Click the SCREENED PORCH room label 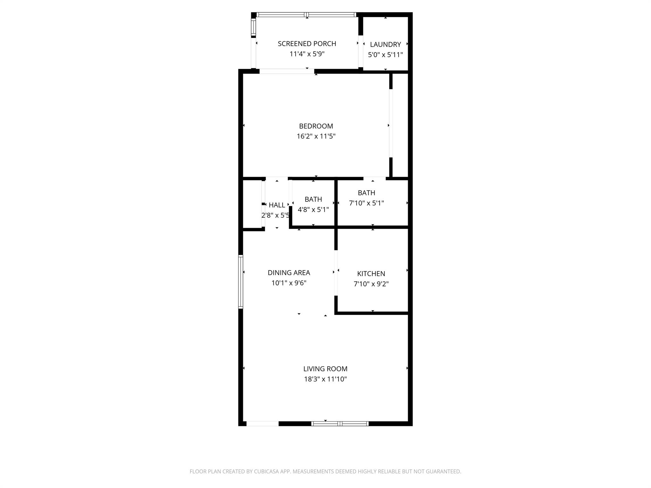coord(307,44)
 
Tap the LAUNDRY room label coord(385,44)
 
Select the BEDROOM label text coord(316,126)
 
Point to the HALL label coord(277,205)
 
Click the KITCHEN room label coord(371,274)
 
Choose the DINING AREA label coord(289,273)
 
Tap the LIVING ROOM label coord(325,369)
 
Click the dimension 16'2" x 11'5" coord(316,136)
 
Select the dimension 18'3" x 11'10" coord(325,379)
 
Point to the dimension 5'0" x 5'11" coord(385,55)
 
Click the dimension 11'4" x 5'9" coord(307,54)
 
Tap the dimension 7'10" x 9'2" coord(371,284)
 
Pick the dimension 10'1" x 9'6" coord(289,283)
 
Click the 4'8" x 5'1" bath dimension coord(313,210)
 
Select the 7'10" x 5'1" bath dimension coord(366,203)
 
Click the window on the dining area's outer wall coord(241,281)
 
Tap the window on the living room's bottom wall coord(340,424)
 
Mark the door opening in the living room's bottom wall coord(263,424)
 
